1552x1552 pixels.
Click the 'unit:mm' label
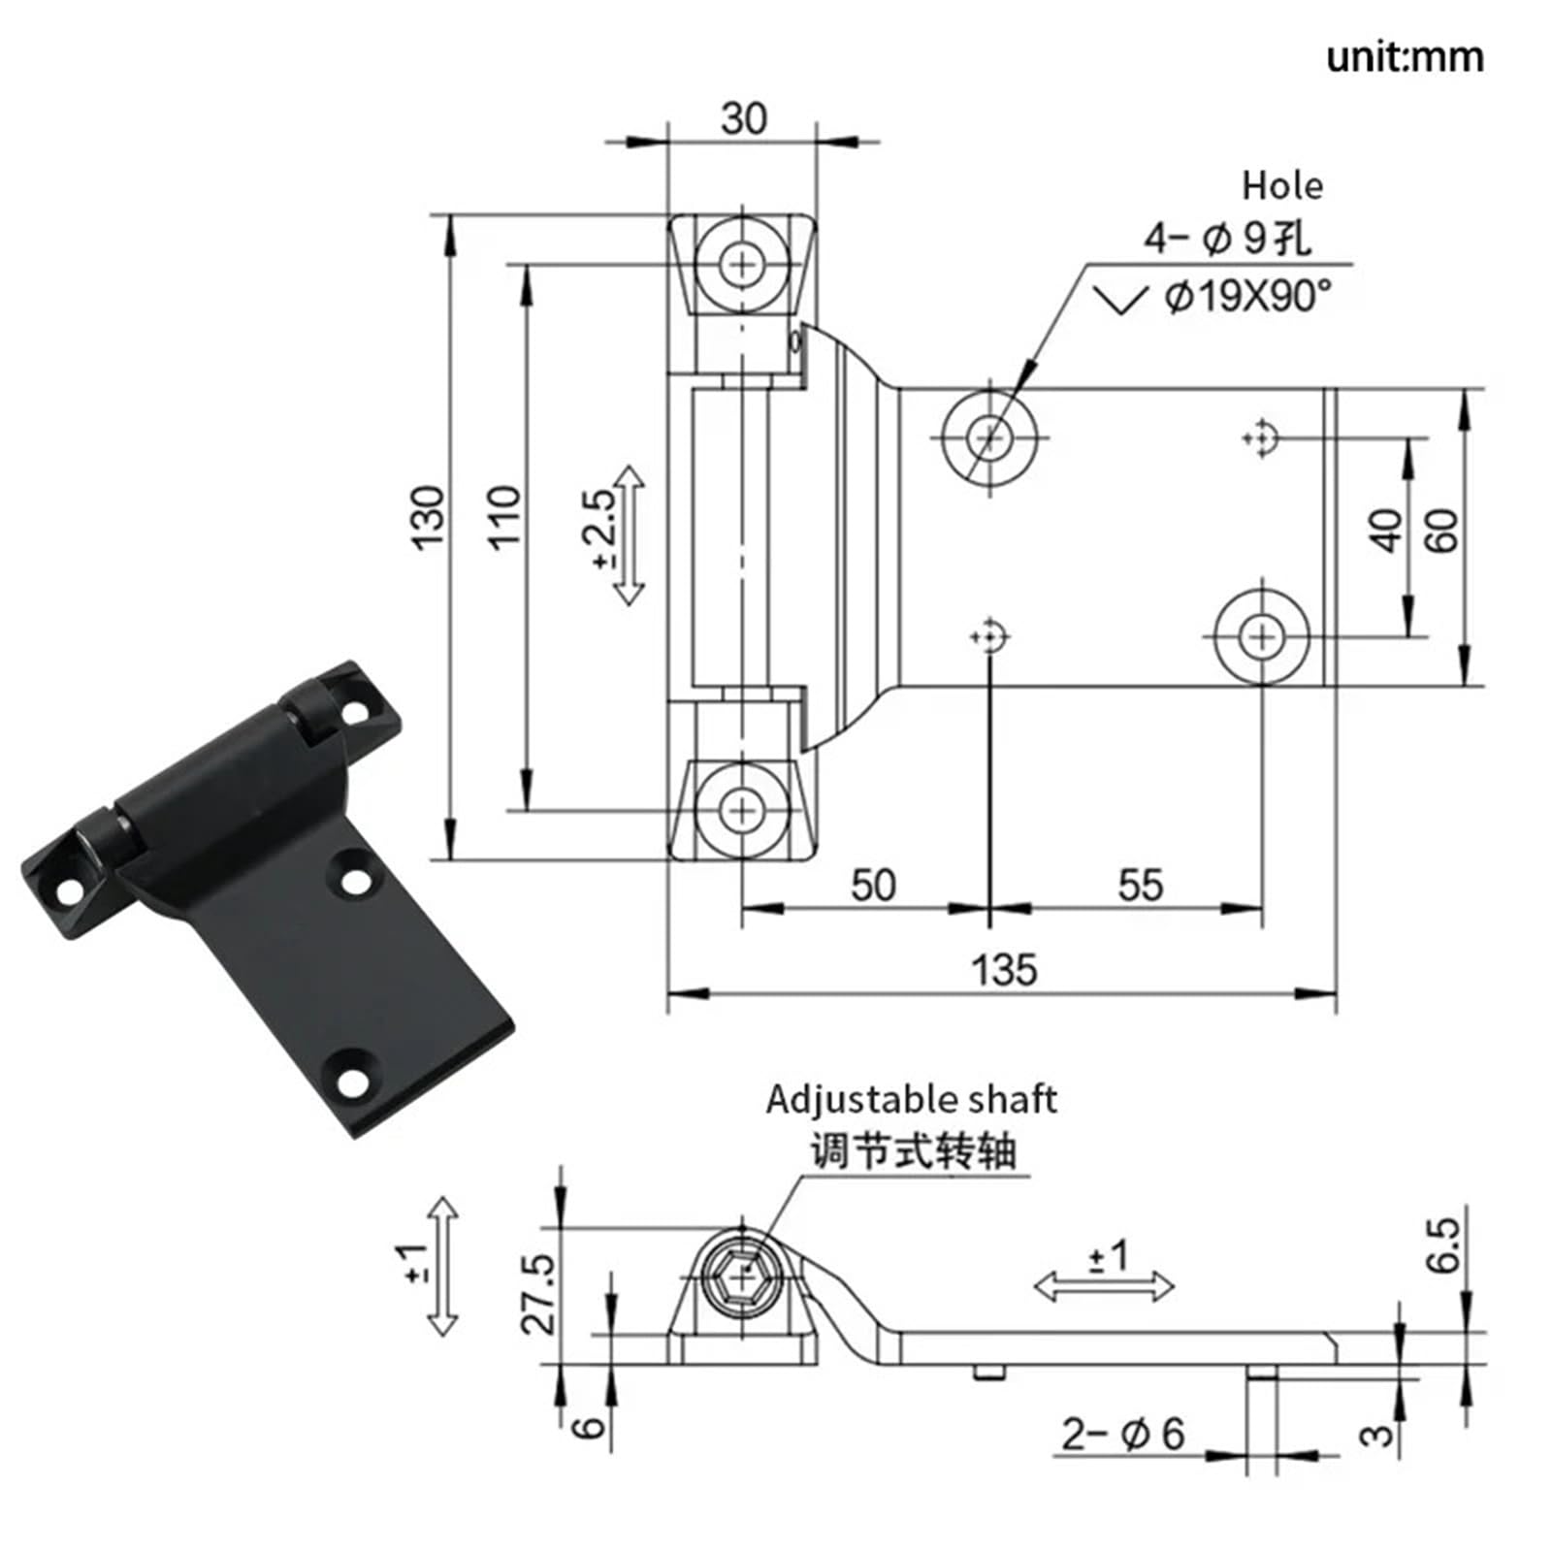tap(1405, 57)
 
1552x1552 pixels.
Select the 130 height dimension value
tap(428, 518)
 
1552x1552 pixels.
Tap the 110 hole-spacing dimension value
tap(504, 518)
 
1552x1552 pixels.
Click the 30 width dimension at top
tap(744, 118)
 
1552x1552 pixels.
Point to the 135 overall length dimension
tap(1004, 969)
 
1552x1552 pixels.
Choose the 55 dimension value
tap(1140, 885)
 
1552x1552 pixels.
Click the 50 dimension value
tap(873, 885)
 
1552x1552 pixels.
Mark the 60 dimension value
tap(1441, 531)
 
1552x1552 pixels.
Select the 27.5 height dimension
tap(541, 1294)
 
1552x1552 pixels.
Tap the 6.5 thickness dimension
tap(1442, 1245)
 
